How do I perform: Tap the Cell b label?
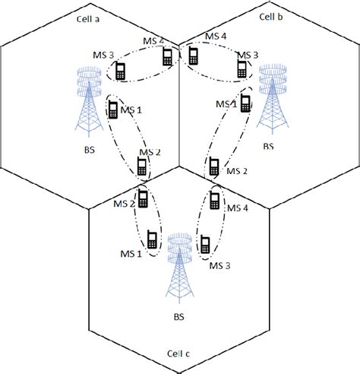pyautogui.click(x=271, y=15)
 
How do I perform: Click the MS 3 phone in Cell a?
pyautogui.click(x=120, y=71)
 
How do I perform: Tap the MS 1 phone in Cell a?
pyautogui.click(x=113, y=110)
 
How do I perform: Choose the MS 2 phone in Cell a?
pyautogui.click(x=141, y=165)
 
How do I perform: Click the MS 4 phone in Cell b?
pyautogui.click(x=194, y=55)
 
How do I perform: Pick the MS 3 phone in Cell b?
pyautogui.click(x=242, y=69)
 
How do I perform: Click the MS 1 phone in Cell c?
pyautogui.click(x=152, y=240)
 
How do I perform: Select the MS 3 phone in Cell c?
pyautogui.click(x=205, y=245)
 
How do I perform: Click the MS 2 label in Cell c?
pyautogui.click(x=124, y=204)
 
